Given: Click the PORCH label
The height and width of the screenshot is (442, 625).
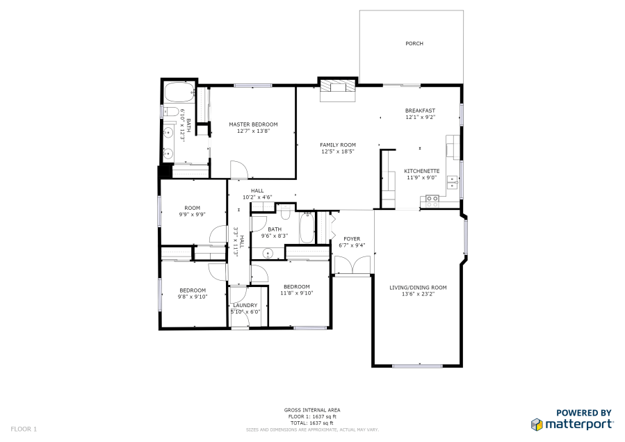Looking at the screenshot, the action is click(x=414, y=44).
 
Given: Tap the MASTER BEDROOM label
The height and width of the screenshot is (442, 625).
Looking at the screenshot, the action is click(x=253, y=124).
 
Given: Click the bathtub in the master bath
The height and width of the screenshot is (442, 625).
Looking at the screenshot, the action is click(x=179, y=92).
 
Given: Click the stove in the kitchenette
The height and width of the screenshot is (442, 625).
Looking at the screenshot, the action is click(x=432, y=202).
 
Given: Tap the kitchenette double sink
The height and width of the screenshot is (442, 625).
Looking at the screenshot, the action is click(x=453, y=182).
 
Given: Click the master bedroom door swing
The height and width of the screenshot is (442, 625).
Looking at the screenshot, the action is click(x=238, y=170).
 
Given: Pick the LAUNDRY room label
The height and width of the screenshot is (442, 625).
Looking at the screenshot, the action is click(x=245, y=305).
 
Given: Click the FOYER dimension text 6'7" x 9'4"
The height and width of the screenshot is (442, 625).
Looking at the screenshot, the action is click(x=352, y=245).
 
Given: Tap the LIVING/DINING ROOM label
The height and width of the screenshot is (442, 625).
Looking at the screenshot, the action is click(x=418, y=287).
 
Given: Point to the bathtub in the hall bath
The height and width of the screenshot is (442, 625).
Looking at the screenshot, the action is click(x=307, y=227).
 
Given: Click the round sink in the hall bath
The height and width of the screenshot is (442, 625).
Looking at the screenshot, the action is click(x=268, y=253).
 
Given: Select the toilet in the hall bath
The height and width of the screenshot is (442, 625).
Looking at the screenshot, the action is click(x=285, y=213).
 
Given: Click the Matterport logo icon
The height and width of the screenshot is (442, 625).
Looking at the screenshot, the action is click(x=537, y=425).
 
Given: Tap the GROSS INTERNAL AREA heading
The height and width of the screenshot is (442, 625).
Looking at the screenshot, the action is click(x=312, y=410).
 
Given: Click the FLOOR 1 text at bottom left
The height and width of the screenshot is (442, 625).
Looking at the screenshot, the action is click(x=24, y=429).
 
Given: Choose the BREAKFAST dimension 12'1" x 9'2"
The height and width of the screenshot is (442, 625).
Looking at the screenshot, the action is click(x=420, y=117).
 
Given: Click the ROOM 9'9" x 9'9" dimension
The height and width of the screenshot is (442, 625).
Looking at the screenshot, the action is click(x=192, y=215).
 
